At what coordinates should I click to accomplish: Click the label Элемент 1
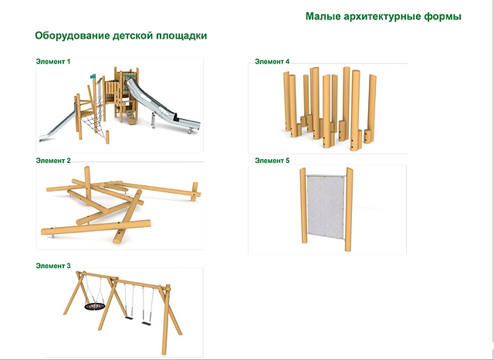pyautogui.click(x=53, y=62)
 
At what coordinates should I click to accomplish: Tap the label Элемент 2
pyautogui.click(x=53, y=161)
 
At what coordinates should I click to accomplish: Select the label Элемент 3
pyautogui.click(x=53, y=266)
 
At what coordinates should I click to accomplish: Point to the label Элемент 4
pyautogui.click(x=272, y=62)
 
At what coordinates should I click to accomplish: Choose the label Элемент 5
pyautogui.click(x=272, y=161)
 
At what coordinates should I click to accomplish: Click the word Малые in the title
pyautogui.click(x=323, y=16)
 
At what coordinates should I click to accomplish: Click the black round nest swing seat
pyautogui.click(x=94, y=306)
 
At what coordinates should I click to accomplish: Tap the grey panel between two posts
pyautogui.click(x=326, y=207)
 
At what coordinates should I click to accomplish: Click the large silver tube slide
pyautogui.click(x=161, y=104)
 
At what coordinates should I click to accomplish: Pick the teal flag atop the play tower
pyautogui.click(x=93, y=76)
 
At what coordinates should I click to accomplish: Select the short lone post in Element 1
pyautogui.click(x=107, y=138)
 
